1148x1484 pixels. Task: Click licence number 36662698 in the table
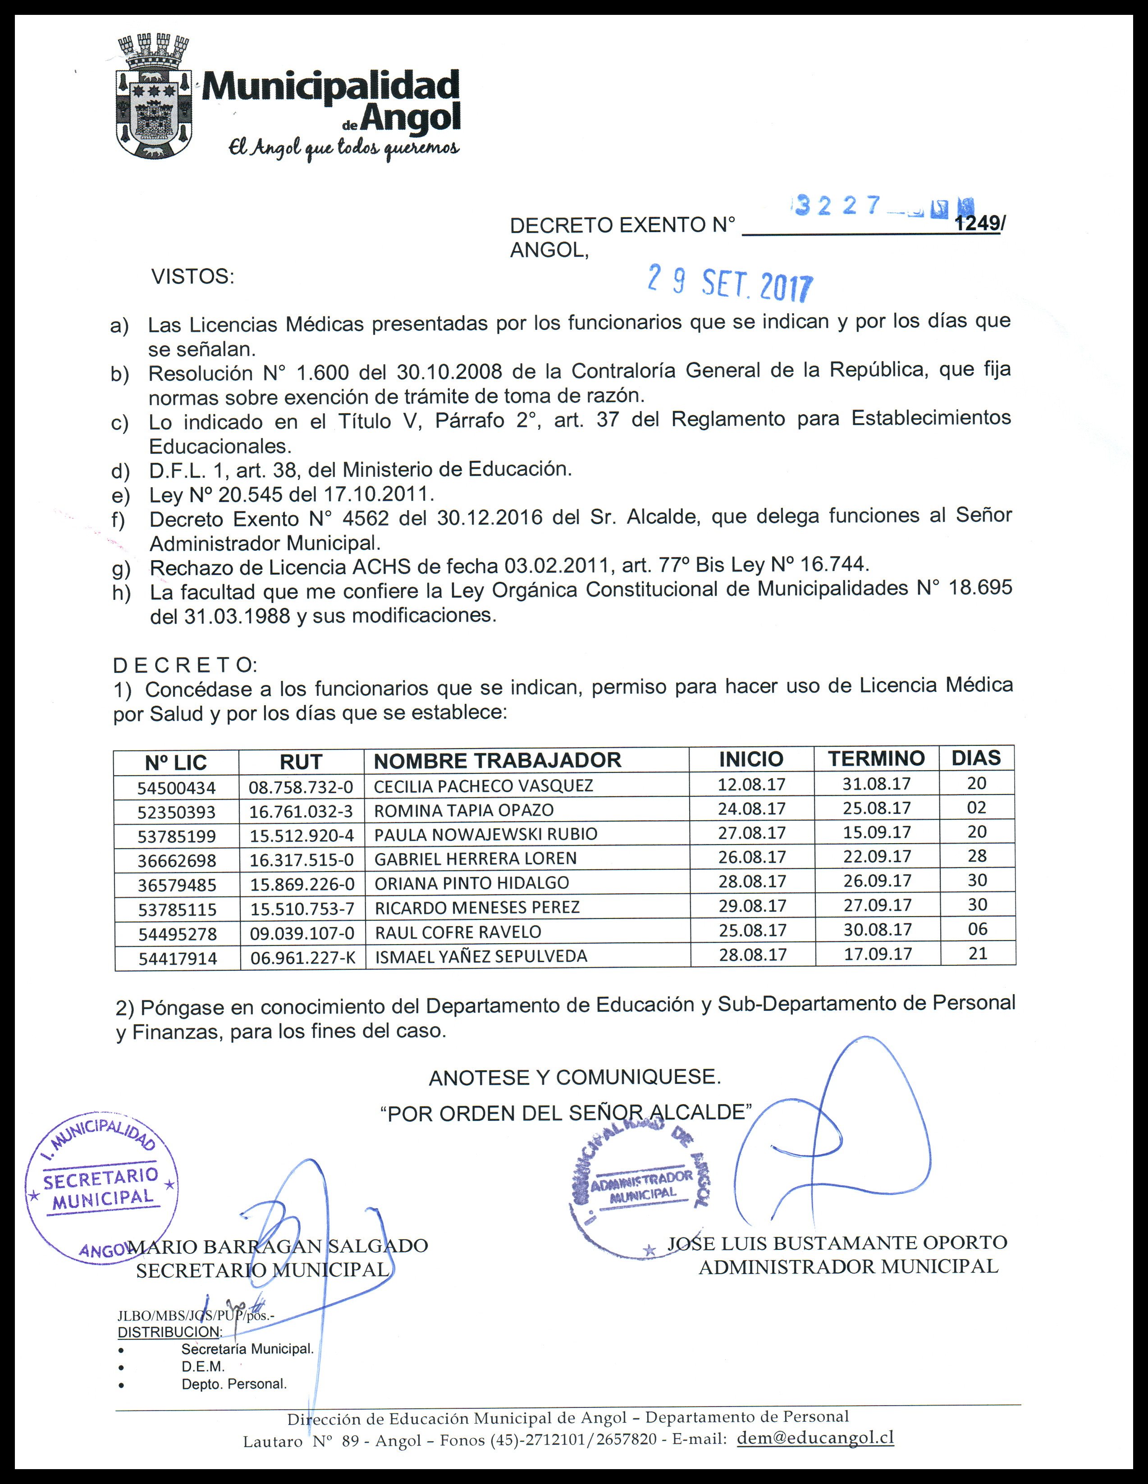coord(177,861)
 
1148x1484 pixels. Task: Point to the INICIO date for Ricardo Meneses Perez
coord(752,906)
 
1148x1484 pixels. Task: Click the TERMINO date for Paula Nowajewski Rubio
coord(877,832)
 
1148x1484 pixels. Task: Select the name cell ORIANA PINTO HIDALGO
coord(472,883)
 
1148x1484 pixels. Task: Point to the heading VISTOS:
coord(192,277)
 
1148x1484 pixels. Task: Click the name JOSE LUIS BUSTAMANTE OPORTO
coord(837,1243)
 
